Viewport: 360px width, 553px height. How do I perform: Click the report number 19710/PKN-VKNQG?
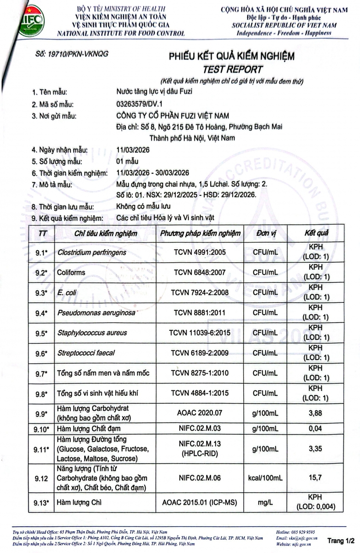click(72, 53)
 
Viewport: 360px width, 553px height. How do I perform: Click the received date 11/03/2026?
click(134, 150)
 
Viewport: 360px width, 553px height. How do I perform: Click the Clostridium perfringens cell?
click(92, 253)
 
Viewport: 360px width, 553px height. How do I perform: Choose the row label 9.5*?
click(41, 333)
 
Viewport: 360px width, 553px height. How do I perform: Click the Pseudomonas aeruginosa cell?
click(96, 313)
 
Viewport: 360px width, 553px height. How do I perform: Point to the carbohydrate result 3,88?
click(316, 413)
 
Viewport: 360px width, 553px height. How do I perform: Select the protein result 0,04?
click(316, 429)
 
